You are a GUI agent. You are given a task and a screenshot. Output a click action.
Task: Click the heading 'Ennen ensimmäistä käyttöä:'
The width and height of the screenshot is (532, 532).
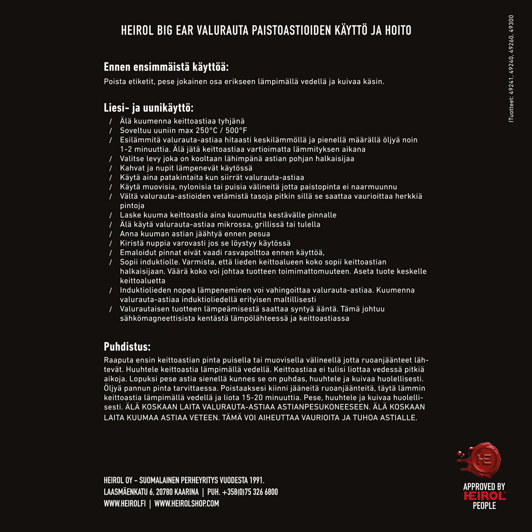coord(166,67)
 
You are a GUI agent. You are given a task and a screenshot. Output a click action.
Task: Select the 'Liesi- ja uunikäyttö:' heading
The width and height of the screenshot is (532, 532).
coord(149,108)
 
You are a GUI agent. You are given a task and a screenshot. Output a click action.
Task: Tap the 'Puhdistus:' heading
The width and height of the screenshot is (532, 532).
coord(127,347)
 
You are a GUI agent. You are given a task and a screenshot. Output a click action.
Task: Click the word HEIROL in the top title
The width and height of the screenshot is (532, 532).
coord(138,30)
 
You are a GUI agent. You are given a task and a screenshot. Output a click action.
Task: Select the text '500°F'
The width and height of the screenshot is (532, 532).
coord(236,130)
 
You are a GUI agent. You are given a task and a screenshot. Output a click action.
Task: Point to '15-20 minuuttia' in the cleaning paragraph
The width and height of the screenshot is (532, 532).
coord(270,397)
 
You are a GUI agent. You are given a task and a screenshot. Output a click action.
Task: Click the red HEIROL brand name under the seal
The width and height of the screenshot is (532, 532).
coord(484,496)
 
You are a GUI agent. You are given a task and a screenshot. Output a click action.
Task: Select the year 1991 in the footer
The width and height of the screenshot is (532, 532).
coord(256,480)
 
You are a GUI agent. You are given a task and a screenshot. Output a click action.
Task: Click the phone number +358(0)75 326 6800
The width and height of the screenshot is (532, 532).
coord(250,492)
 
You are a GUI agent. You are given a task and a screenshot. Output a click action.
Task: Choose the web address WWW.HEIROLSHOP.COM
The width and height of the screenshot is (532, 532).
coord(187,503)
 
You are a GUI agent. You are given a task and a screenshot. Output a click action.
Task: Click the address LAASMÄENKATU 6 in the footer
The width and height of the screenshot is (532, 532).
coord(129,492)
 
